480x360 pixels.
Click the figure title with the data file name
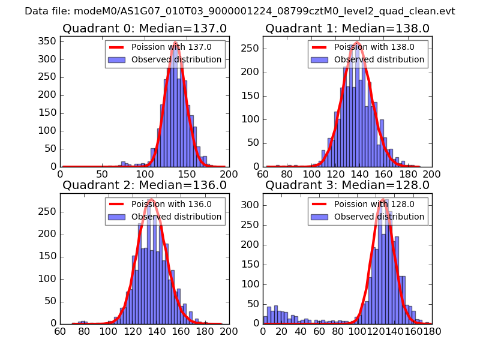click(x=240, y=11)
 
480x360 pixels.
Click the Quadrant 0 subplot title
click(x=144, y=28)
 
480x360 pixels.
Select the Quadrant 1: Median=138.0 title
click(x=347, y=28)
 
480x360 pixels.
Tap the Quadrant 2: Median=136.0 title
click(x=144, y=185)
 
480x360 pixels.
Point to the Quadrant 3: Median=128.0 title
click(x=347, y=185)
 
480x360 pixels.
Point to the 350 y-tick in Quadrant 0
click(x=48, y=41)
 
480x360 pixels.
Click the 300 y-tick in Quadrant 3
click(x=251, y=205)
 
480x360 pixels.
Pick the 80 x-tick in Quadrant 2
click(x=84, y=331)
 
